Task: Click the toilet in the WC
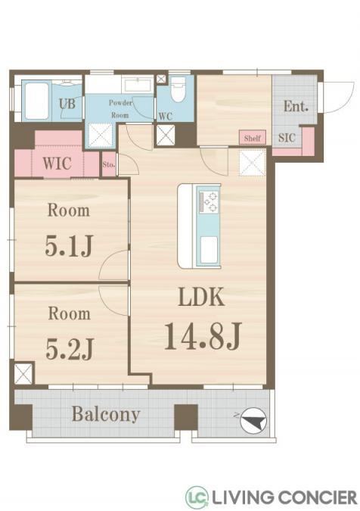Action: (x=178, y=89)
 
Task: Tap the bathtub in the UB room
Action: (x=37, y=101)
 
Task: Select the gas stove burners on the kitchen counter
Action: (x=209, y=202)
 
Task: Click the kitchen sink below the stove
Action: (x=209, y=249)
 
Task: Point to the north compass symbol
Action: (x=253, y=420)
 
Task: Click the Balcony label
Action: (x=106, y=415)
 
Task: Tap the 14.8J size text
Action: (x=203, y=336)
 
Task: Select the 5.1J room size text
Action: (x=70, y=245)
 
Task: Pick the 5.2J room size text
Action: (x=70, y=349)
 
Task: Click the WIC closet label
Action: (x=57, y=164)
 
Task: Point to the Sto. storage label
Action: (x=109, y=164)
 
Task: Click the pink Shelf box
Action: (x=253, y=138)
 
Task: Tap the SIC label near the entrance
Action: (x=287, y=138)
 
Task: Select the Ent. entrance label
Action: (x=296, y=106)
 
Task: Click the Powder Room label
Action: (x=120, y=109)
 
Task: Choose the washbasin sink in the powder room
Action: (x=137, y=85)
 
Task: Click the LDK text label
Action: (x=202, y=297)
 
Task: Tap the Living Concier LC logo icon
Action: (x=197, y=497)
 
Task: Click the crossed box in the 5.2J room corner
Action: (x=23, y=373)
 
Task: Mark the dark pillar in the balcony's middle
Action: (x=186, y=417)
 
